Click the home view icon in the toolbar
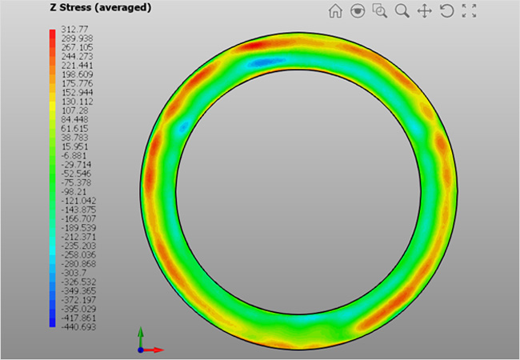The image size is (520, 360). pyautogui.click(x=336, y=11)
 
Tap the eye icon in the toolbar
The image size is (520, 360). pyautogui.click(x=358, y=11)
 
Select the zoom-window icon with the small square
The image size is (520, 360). pyautogui.click(x=380, y=11)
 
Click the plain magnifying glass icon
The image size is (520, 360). pyautogui.click(x=402, y=11)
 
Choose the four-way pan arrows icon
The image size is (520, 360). pyautogui.click(x=425, y=11)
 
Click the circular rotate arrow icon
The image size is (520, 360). pyautogui.click(x=447, y=11)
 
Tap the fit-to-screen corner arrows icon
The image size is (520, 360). pyautogui.click(x=470, y=11)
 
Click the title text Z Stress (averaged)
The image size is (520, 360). pyautogui.click(x=100, y=8)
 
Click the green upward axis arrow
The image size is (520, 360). pyautogui.click(x=141, y=332)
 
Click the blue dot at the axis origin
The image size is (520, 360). pyautogui.click(x=141, y=350)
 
